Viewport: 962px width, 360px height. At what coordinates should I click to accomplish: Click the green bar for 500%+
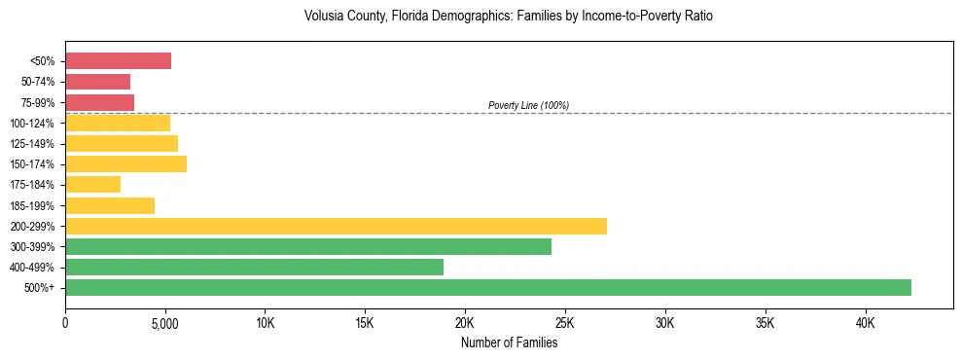coord(488,287)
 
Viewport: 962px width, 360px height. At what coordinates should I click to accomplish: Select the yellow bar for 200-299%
coord(336,226)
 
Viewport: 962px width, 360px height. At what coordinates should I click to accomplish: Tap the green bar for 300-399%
coord(308,246)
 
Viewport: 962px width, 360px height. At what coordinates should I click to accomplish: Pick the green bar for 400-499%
coord(254,267)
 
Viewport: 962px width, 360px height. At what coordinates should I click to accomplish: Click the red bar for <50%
coord(118,61)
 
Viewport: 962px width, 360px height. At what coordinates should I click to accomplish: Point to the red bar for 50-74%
coord(97,82)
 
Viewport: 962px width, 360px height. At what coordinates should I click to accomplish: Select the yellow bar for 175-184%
coord(92,184)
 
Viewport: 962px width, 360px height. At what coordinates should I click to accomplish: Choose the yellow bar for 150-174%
coord(125,163)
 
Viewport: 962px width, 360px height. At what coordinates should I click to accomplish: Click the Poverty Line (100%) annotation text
coord(528,105)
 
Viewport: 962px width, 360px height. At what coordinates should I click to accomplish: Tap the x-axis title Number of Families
coord(509,342)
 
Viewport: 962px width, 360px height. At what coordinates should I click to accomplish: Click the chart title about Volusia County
coord(509,17)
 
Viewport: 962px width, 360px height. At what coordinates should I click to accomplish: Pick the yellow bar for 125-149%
coord(122,143)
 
